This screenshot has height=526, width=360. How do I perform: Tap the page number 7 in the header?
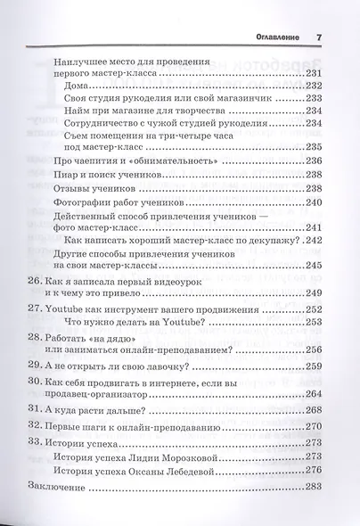pyautogui.click(x=318, y=37)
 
